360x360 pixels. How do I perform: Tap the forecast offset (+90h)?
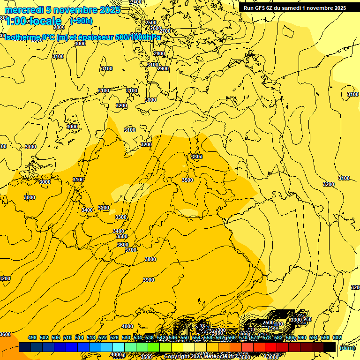point(81,21)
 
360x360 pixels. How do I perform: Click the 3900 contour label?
point(148,280)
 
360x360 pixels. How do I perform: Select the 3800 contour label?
point(150,259)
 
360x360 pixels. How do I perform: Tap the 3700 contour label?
point(130,250)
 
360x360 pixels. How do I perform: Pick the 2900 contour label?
point(163,68)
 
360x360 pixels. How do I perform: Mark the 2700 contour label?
point(165,31)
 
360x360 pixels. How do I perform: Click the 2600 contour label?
point(155,28)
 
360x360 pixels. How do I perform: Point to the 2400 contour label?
point(135,2)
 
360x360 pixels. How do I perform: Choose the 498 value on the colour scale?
point(32,337)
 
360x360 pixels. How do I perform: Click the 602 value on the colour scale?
point(337,337)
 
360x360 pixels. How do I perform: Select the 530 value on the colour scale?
point(126,337)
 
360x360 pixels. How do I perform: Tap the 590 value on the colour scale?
point(302,337)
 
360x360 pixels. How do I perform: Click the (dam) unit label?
point(346,348)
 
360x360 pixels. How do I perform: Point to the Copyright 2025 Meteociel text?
point(200,357)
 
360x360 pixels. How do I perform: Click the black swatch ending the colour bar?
point(330,347)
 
